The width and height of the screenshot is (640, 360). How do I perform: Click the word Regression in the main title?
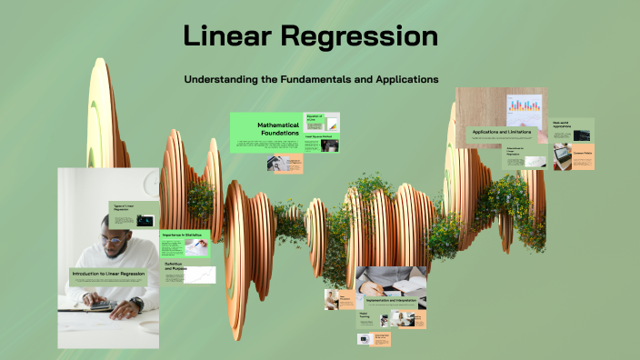point(363,37)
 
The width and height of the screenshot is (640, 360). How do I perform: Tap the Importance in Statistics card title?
point(181,235)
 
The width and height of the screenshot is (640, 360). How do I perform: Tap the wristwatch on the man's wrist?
point(136,304)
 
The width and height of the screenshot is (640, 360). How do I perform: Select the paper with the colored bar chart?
point(522,111)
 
